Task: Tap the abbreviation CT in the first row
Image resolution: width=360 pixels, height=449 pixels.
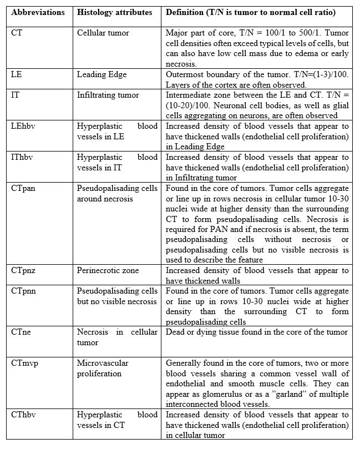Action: [x=17, y=33]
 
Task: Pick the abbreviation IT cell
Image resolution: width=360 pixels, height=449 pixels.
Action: [x=16, y=95]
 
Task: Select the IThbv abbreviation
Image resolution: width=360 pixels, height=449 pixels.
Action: [x=23, y=157]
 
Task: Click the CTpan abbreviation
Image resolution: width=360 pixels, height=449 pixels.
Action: [x=24, y=188]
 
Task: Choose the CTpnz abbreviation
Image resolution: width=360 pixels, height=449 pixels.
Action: [x=23, y=270]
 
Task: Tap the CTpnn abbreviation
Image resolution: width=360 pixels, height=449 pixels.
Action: [x=24, y=291]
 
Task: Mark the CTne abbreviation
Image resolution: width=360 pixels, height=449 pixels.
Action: [x=22, y=332]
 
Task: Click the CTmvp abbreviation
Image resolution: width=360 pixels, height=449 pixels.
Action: [x=25, y=363]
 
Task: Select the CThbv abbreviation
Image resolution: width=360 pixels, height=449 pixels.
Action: [x=24, y=415]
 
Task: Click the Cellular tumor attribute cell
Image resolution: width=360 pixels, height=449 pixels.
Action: [x=103, y=33]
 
